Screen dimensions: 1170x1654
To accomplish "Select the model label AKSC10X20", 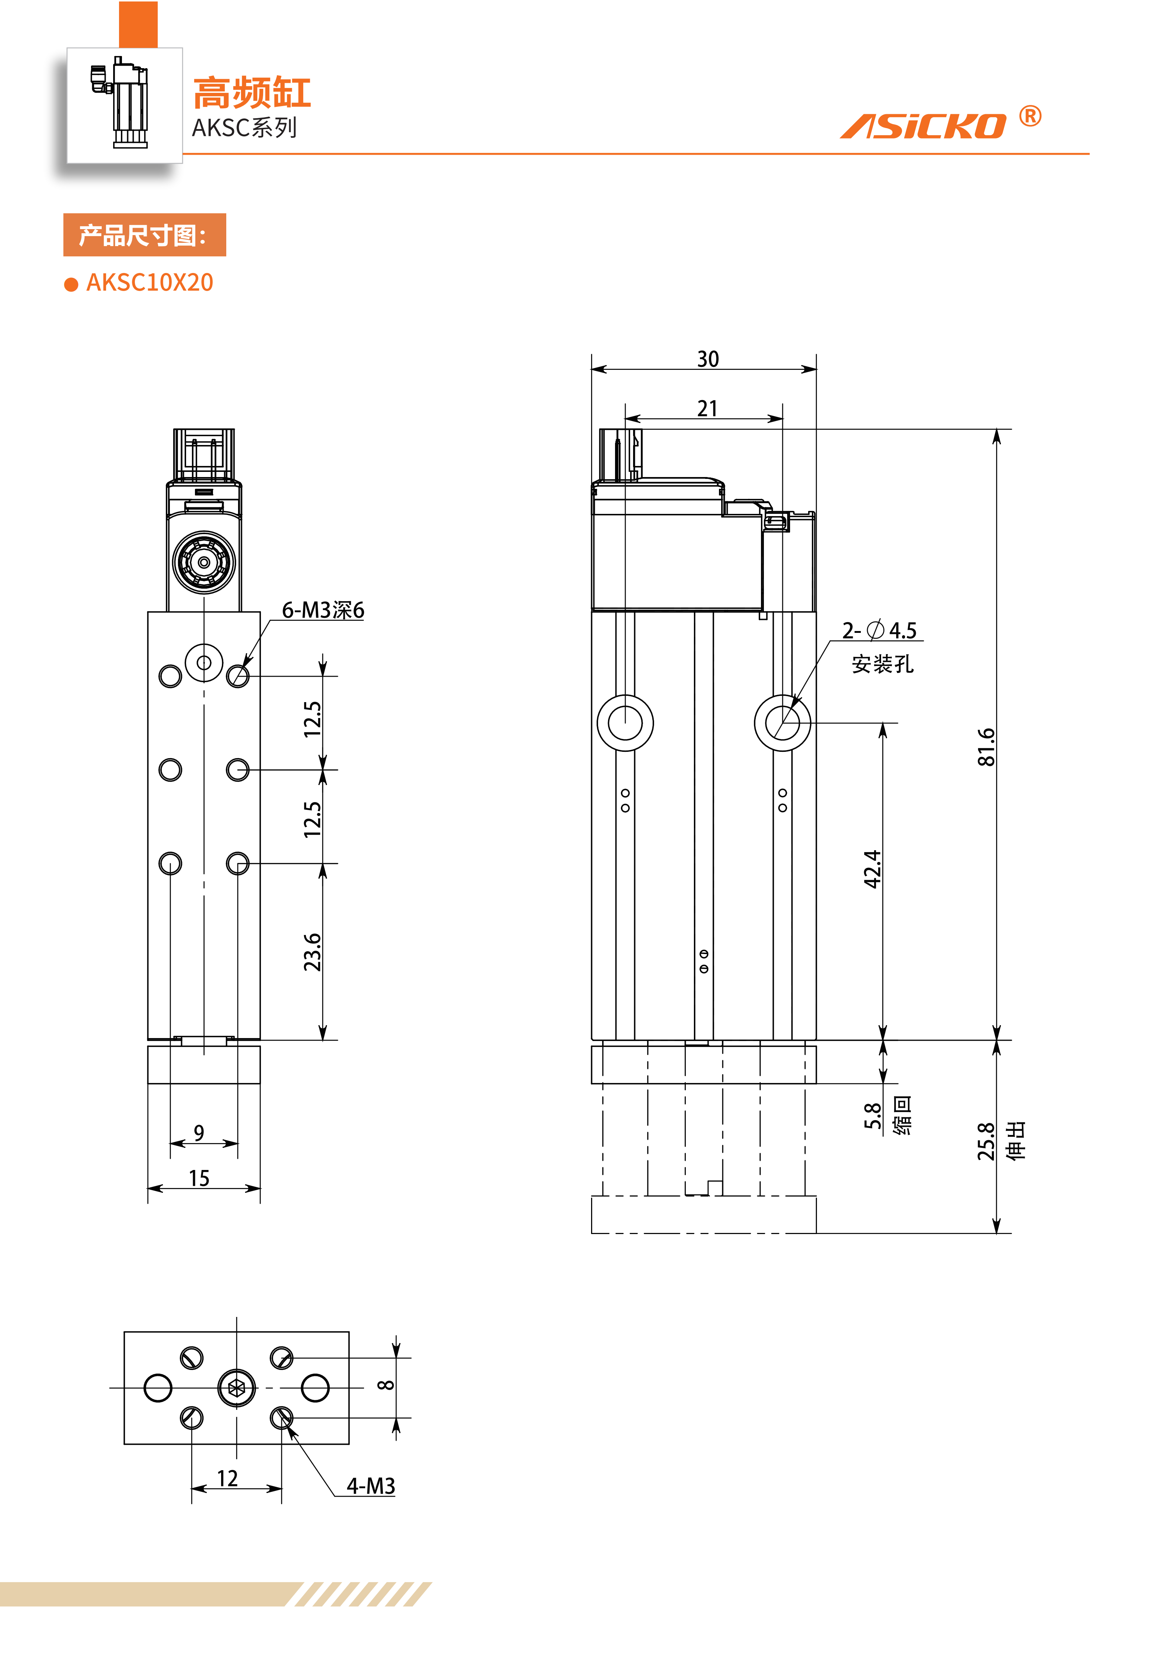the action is (150, 283).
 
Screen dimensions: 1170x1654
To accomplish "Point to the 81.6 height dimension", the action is (986, 747).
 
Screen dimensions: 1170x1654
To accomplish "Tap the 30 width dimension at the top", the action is (708, 359).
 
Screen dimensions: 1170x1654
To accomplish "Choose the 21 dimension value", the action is (708, 409).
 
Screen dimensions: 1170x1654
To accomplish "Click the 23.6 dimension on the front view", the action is (312, 952).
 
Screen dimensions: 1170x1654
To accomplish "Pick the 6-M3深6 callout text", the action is (323, 610).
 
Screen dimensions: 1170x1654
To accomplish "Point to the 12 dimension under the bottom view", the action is (228, 1478).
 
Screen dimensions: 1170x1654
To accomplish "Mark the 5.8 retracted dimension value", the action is (873, 1116).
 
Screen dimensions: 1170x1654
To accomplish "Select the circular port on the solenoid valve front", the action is (204, 562).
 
